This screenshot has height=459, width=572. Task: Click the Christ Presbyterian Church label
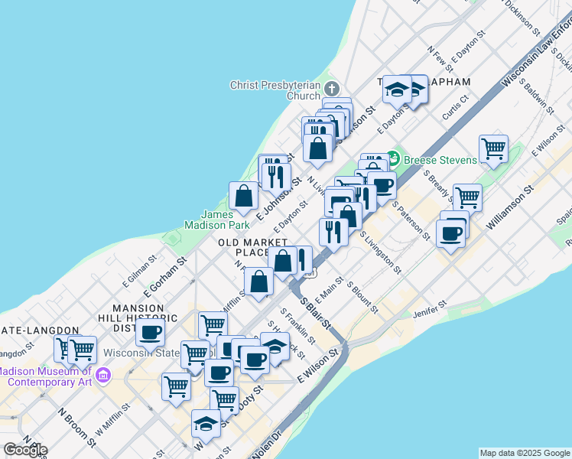(x=276, y=90)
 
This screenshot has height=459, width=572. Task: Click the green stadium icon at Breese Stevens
(x=394, y=158)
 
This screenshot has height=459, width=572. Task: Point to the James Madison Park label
(x=216, y=220)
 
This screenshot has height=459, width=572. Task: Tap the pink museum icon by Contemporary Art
(x=105, y=376)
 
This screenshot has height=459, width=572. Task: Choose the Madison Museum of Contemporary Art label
(x=46, y=376)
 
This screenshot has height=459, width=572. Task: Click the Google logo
(x=24, y=449)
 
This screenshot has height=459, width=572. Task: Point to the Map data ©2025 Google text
(x=525, y=453)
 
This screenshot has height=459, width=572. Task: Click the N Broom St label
(x=75, y=420)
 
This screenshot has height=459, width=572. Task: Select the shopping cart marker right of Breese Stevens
(x=494, y=148)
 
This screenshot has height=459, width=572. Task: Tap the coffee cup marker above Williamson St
(x=451, y=232)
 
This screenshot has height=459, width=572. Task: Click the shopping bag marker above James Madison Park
(x=243, y=196)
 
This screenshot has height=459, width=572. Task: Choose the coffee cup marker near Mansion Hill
(x=151, y=332)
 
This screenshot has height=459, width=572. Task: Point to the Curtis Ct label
(x=457, y=108)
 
